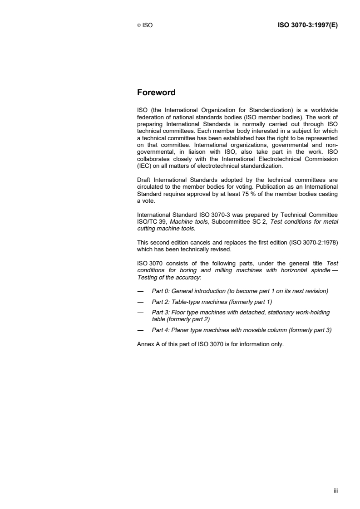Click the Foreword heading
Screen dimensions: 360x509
pyautogui.click(x=156, y=93)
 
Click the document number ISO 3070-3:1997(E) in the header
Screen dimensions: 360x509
pyautogui.click(x=307, y=25)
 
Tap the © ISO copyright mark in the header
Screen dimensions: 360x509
pyautogui.click(x=145, y=26)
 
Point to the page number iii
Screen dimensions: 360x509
pyautogui.click(x=336, y=490)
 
